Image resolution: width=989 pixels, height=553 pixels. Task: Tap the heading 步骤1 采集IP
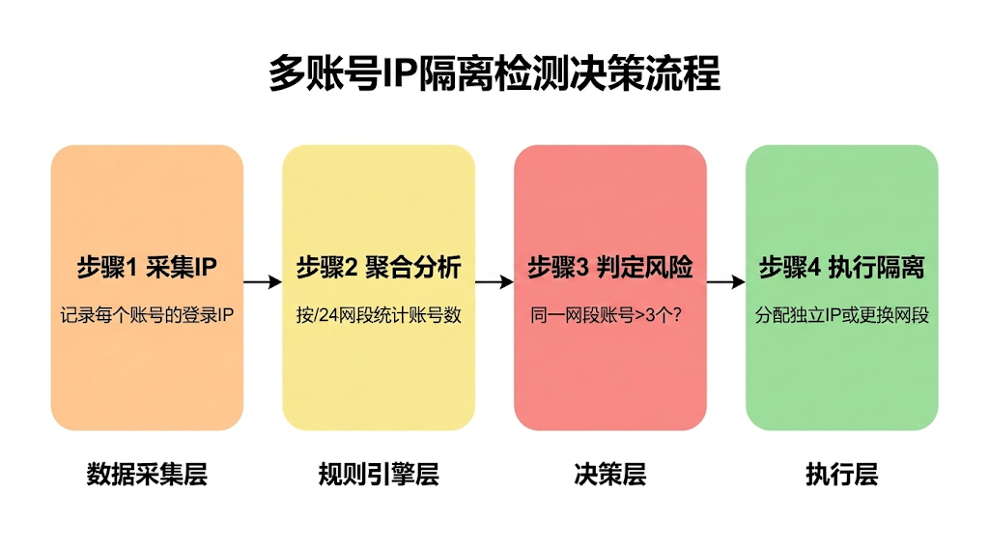(x=147, y=268)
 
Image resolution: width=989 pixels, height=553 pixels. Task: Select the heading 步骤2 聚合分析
(x=378, y=268)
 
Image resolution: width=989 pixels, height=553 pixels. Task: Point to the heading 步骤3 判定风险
(x=609, y=268)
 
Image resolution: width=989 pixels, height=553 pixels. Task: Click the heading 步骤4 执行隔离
(x=841, y=268)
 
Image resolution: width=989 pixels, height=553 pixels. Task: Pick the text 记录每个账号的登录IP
(x=147, y=315)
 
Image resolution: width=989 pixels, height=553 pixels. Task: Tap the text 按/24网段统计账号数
(x=378, y=315)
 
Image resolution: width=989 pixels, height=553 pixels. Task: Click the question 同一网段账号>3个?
(x=609, y=315)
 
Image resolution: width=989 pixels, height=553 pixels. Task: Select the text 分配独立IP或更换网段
(x=841, y=315)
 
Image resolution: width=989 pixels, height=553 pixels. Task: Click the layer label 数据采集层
(x=147, y=475)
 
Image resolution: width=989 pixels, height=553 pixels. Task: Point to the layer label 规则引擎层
(x=378, y=475)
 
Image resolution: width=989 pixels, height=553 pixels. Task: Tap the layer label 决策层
(x=609, y=475)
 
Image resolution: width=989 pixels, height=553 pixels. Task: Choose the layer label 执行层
(x=841, y=475)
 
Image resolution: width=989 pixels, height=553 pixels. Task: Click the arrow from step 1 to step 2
(x=262, y=282)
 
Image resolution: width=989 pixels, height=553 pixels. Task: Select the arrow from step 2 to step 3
(x=494, y=282)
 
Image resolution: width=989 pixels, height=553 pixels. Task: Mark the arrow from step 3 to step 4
(x=725, y=282)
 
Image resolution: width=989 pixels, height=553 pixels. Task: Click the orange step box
(x=147, y=377)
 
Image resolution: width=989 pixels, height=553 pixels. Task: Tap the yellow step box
(x=378, y=377)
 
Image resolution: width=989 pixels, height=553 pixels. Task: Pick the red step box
(x=609, y=377)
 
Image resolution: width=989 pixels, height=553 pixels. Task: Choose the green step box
(x=841, y=377)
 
